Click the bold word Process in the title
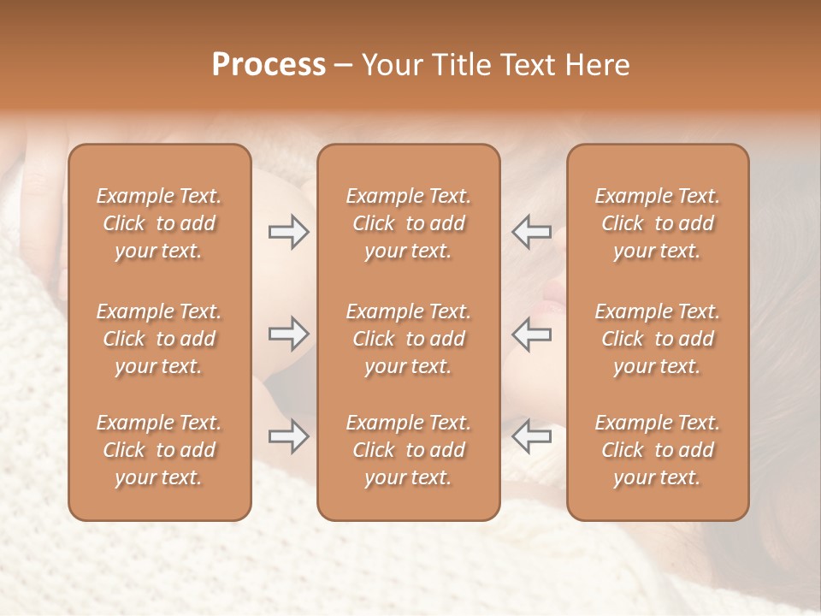(x=269, y=65)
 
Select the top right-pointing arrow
(x=289, y=232)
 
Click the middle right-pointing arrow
(x=289, y=334)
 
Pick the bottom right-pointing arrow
(x=289, y=436)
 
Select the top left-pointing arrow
(x=531, y=232)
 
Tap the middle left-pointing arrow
(x=531, y=334)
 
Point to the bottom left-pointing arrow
(x=531, y=436)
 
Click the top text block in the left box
(x=159, y=223)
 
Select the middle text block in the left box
(x=159, y=339)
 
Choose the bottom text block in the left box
(x=159, y=450)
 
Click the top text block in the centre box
(x=408, y=223)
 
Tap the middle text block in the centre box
(x=408, y=339)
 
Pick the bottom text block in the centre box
(x=408, y=450)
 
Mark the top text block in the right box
(x=658, y=223)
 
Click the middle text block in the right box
(x=658, y=339)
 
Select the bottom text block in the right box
(x=658, y=450)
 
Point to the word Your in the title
(x=390, y=65)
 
